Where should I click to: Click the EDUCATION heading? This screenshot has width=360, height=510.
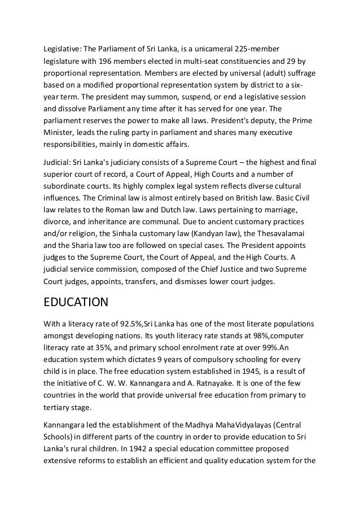tap(76, 302)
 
